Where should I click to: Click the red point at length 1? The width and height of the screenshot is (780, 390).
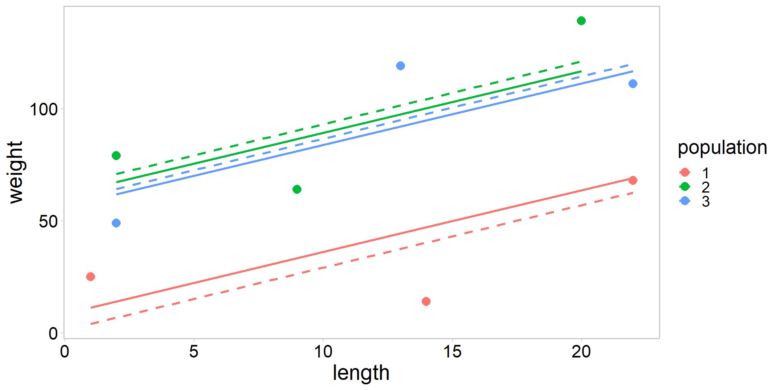(91, 277)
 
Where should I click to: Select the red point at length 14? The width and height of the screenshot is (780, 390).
(426, 301)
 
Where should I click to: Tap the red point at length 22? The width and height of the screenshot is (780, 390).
(633, 180)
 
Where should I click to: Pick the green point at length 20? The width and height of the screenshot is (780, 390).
(581, 21)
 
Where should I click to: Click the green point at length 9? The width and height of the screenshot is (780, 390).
(297, 189)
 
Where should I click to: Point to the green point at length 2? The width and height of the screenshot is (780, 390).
(116, 156)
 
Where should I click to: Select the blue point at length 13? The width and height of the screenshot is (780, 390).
(401, 66)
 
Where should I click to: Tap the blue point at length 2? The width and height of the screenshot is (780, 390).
(116, 223)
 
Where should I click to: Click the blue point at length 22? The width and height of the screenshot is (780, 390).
(633, 84)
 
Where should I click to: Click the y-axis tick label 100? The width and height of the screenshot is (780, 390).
(44, 109)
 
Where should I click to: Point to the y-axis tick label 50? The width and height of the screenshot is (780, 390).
(48, 222)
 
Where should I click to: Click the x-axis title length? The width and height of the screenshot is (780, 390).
(361, 373)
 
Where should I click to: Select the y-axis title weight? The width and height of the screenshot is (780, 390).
(16, 172)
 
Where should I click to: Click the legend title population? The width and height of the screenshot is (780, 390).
(722, 147)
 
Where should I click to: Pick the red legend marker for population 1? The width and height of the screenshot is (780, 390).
(685, 172)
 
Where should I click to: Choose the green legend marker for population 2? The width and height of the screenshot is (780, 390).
(685, 186)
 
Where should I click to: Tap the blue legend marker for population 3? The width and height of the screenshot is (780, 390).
(685, 201)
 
